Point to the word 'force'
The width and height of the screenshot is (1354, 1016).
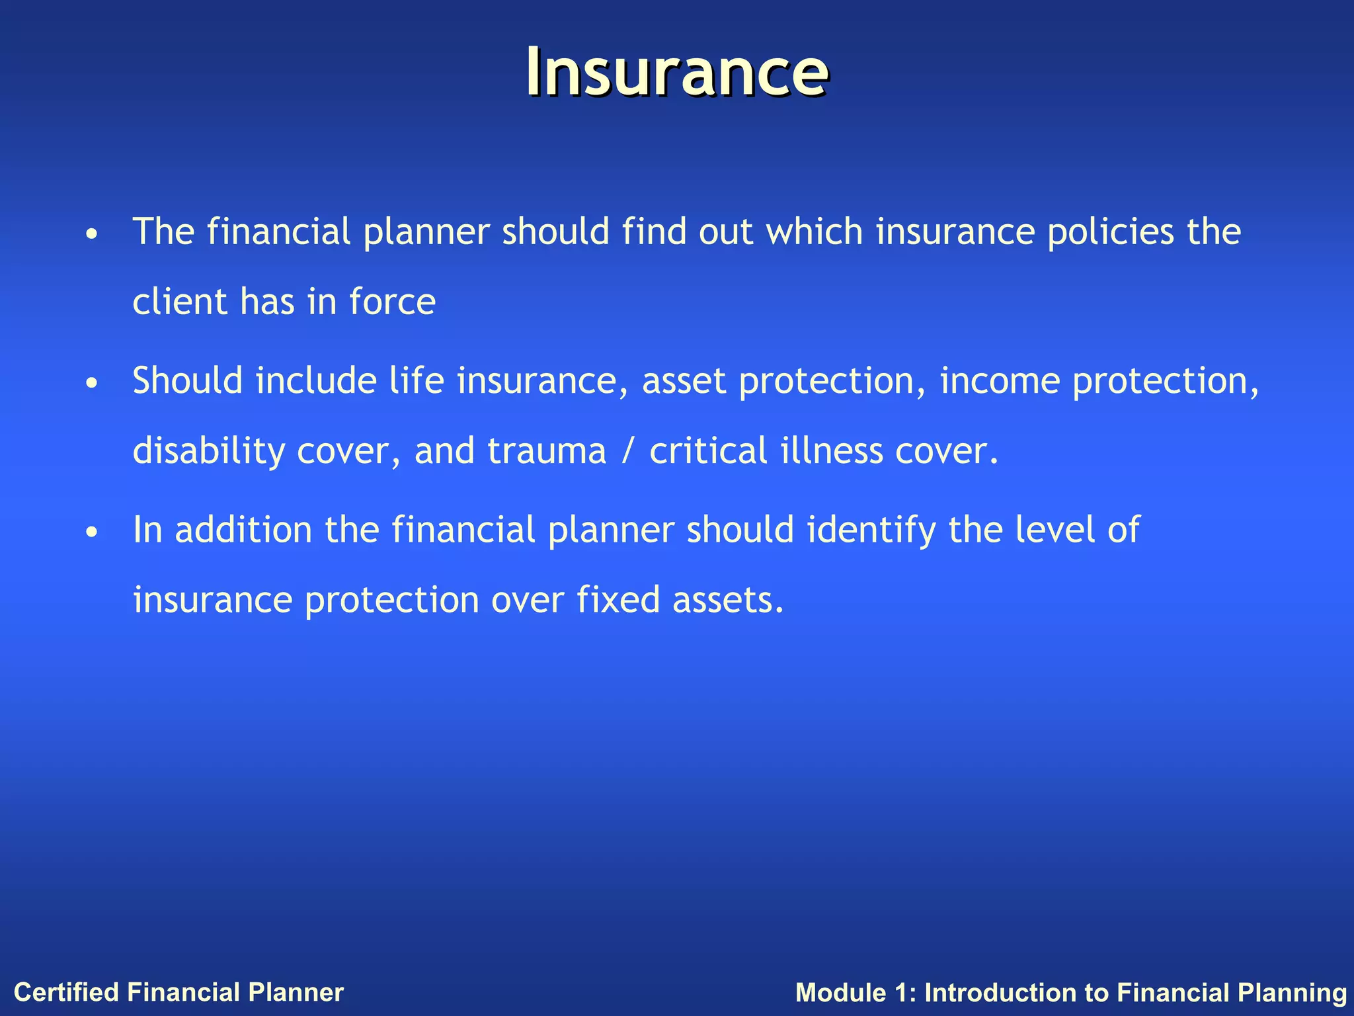392,302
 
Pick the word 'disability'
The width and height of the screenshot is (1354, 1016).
208,452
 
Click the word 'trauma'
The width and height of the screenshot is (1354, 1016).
546,452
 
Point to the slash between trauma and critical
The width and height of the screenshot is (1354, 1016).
627,452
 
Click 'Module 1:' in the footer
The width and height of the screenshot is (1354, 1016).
856,993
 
